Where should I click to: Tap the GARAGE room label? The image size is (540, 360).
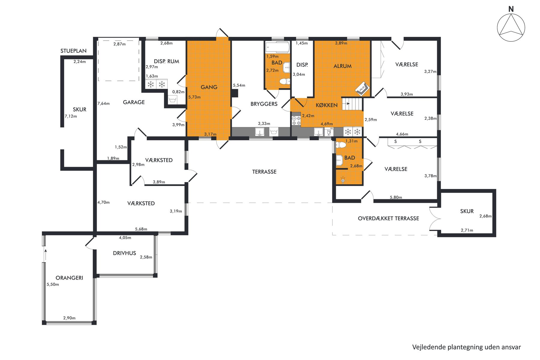click(134, 102)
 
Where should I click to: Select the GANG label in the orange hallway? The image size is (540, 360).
click(209, 87)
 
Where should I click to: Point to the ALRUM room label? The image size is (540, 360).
click(342, 66)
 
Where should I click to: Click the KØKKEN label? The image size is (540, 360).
click(326, 105)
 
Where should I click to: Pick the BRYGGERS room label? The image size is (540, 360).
click(264, 104)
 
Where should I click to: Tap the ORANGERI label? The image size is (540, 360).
click(69, 278)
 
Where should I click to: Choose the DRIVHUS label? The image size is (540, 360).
click(124, 253)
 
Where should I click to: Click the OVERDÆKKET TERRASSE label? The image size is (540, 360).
click(388, 218)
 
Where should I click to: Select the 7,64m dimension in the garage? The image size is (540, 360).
click(103, 103)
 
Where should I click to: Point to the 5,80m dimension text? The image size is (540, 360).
click(396, 197)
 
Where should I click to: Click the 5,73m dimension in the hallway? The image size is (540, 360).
click(194, 97)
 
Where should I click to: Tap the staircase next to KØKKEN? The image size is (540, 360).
click(352, 104)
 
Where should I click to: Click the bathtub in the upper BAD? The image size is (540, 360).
click(277, 47)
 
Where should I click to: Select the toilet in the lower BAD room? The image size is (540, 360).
click(341, 145)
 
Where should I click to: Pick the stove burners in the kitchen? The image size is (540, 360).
click(296, 121)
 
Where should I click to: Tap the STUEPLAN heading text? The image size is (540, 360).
click(73, 51)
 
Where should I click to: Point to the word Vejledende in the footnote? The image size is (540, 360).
click(429, 347)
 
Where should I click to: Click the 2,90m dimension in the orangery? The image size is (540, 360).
click(69, 318)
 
